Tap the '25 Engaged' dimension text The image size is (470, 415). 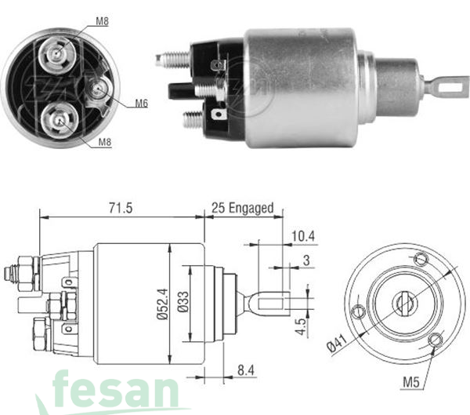243,208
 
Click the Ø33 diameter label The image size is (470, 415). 183,301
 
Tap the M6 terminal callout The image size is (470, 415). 141,103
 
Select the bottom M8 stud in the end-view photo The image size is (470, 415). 57,118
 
